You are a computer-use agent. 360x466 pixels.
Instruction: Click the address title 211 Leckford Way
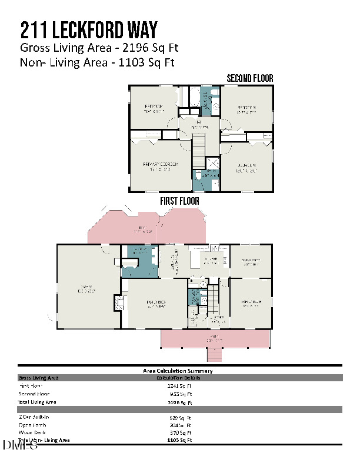tap(88, 29)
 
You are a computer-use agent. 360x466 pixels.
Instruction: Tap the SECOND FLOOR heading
tap(250, 78)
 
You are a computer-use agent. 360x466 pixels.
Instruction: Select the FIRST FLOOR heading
tap(179, 201)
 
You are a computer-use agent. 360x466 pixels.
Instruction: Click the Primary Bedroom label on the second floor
tap(157, 167)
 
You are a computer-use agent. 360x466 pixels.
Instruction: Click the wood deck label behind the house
tap(141, 230)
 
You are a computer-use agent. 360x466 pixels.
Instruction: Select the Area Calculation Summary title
tap(178, 371)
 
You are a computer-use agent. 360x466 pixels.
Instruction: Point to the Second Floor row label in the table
tap(34, 394)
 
